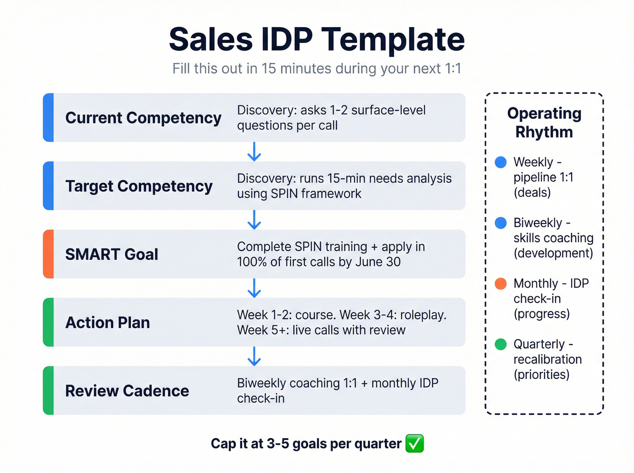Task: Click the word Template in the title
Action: click(x=393, y=39)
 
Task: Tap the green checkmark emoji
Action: click(x=414, y=444)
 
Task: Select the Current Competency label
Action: click(x=143, y=118)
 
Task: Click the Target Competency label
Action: click(x=139, y=186)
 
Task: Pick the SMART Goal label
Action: click(x=112, y=254)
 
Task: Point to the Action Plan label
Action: click(x=108, y=323)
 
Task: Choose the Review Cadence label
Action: click(x=127, y=391)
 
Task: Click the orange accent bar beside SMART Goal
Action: click(x=48, y=254)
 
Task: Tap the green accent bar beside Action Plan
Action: click(x=48, y=322)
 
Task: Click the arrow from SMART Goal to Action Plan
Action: click(x=255, y=288)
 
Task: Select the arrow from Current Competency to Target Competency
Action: click(x=255, y=152)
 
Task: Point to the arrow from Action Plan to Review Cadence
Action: click(x=255, y=356)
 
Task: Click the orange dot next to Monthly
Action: click(x=500, y=284)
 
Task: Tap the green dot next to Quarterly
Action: click(x=500, y=344)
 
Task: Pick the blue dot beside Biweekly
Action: click(x=500, y=223)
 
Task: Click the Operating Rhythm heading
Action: click(x=544, y=123)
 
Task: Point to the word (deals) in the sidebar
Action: click(x=532, y=193)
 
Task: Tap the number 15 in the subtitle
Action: click(x=269, y=69)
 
